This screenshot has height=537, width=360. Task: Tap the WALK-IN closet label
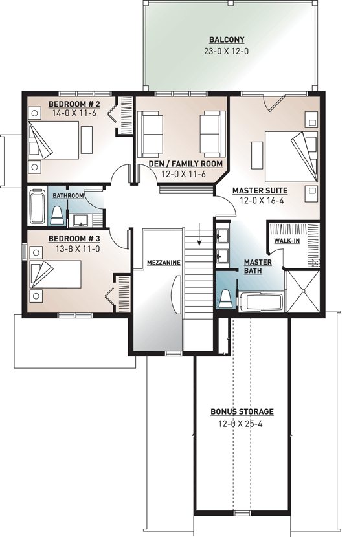287,240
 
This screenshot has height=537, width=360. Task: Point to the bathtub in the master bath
261,302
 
